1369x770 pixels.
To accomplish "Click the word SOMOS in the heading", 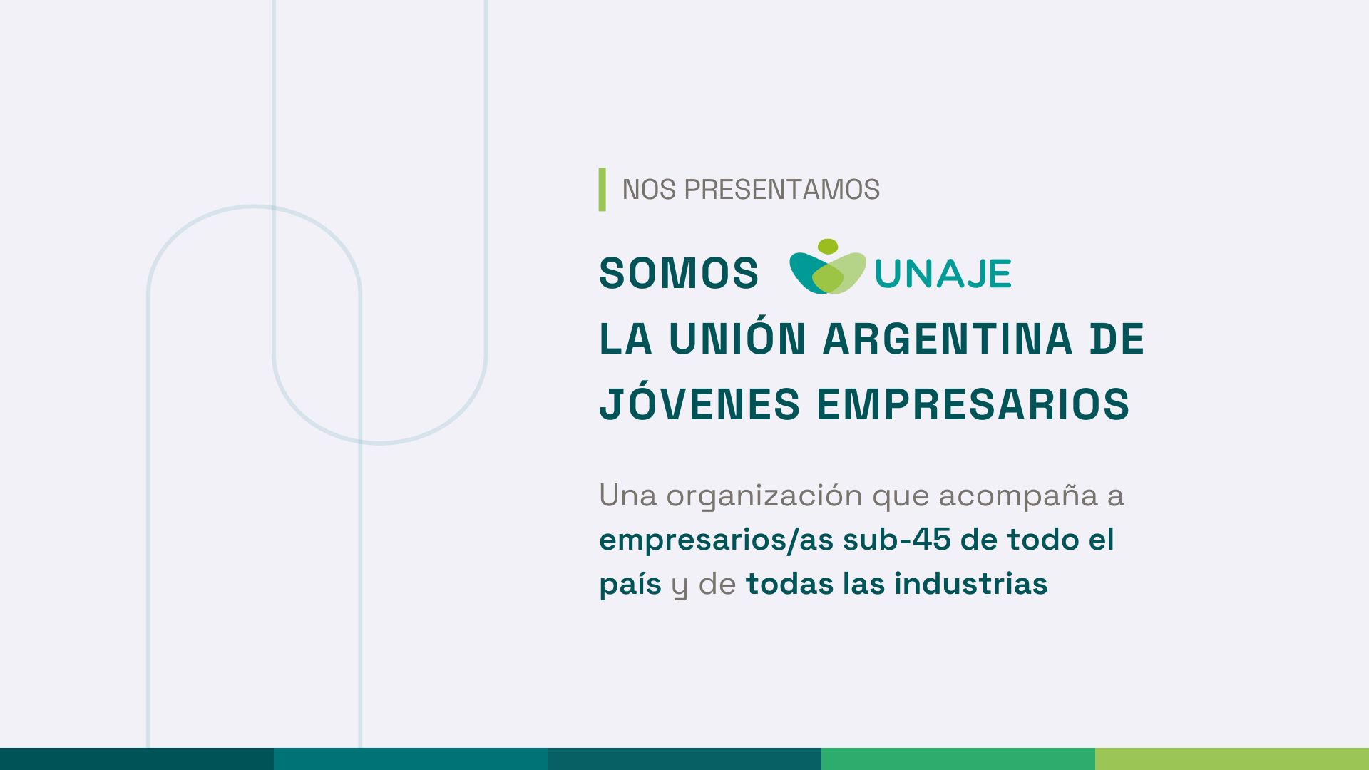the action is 679,273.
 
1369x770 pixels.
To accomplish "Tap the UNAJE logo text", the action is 943,273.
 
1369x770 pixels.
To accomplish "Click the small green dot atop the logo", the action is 828,247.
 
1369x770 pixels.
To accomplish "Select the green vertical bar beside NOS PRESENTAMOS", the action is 603,190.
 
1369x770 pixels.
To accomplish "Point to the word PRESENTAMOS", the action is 782,190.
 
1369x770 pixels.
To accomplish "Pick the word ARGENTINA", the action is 948,339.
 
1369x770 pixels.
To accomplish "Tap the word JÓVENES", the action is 699,403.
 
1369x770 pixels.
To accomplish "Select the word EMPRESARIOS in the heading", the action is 973,404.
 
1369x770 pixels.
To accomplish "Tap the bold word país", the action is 630,585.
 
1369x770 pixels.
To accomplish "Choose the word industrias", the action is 971,583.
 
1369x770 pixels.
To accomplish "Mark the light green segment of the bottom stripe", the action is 1232,759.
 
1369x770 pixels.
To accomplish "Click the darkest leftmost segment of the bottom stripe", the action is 137,759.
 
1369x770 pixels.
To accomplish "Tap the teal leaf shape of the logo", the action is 806,272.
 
